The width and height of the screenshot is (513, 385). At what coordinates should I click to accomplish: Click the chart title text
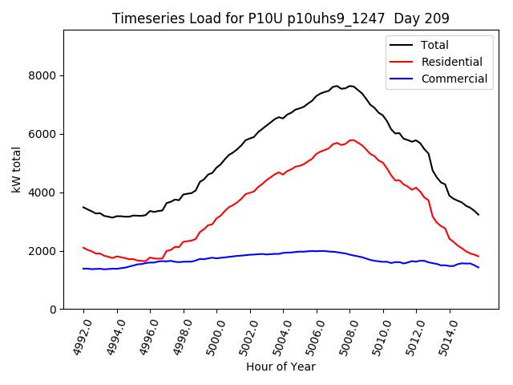coord(281,18)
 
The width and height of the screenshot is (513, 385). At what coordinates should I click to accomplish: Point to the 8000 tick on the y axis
coord(44,75)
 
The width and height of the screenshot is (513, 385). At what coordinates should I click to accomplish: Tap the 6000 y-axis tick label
coord(44,134)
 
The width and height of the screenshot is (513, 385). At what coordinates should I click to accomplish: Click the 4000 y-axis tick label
coord(44,192)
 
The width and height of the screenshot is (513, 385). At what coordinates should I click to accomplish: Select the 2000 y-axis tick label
coord(44,251)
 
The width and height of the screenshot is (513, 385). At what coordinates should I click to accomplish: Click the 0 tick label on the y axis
coord(54,310)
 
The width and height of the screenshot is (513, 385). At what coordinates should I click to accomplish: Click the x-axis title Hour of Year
coord(281,367)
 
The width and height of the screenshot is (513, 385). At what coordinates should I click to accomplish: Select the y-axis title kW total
coord(16,169)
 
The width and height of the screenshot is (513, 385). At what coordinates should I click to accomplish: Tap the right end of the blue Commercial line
coord(479,267)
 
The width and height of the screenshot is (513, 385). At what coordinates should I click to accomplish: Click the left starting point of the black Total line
coord(83,207)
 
